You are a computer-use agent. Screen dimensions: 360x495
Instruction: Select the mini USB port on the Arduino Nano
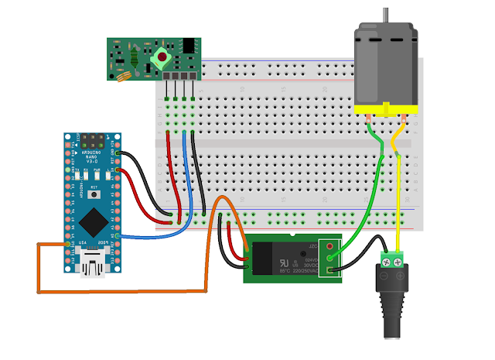pos(94,266)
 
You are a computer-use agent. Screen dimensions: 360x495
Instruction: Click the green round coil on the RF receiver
pos(161,57)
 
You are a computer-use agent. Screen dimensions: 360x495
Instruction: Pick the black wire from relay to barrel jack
pos(360,256)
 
